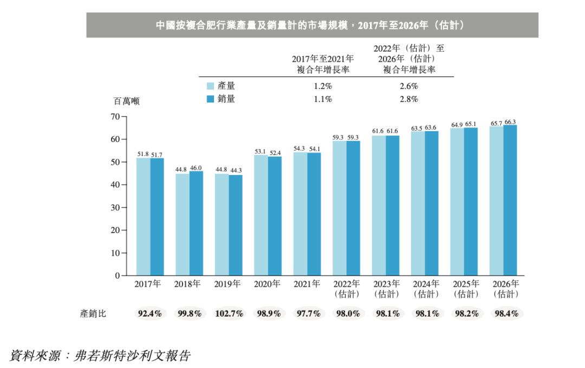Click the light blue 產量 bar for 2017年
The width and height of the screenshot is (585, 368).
click(x=143, y=217)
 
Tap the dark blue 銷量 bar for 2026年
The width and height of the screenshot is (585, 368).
click(x=510, y=201)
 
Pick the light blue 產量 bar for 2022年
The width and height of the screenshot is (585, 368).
click(x=340, y=208)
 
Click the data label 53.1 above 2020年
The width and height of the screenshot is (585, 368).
click(x=261, y=151)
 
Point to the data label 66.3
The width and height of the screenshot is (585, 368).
click(x=510, y=122)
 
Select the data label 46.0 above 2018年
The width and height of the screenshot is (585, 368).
click(x=196, y=168)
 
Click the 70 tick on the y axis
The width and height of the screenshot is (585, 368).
click(x=114, y=117)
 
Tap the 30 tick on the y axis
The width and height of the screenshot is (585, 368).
click(x=114, y=208)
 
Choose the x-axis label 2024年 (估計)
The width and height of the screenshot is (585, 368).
click(x=425, y=289)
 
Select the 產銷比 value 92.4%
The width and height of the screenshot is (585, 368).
click(x=149, y=314)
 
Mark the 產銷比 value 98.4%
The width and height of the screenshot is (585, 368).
click(x=506, y=314)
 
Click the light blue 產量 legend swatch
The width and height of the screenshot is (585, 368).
click(x=211, y=86)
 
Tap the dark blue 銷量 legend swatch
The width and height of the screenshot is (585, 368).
click(x=211, y=99)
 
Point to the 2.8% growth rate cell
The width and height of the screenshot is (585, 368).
click(x=409, y=99)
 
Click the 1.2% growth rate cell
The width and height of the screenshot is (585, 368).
click(x=323, y=86)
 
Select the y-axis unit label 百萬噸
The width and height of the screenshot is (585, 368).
click(x=126, y=101)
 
